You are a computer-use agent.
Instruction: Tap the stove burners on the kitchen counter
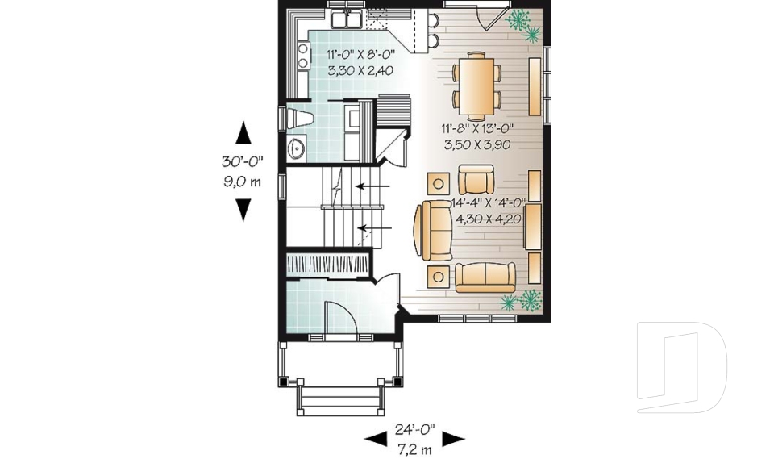(304, 56)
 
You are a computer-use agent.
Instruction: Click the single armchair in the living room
(475, 178)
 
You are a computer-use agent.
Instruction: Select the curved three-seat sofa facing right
(428, 230)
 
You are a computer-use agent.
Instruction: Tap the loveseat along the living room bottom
(484, 277)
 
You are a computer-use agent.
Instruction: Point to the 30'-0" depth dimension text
(242, 161)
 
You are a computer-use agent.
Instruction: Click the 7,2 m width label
(414, 447)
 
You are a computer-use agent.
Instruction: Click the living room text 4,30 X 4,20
(490, 218)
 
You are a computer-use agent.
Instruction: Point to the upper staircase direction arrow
(372, 186)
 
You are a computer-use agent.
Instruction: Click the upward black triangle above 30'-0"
(243, 131)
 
